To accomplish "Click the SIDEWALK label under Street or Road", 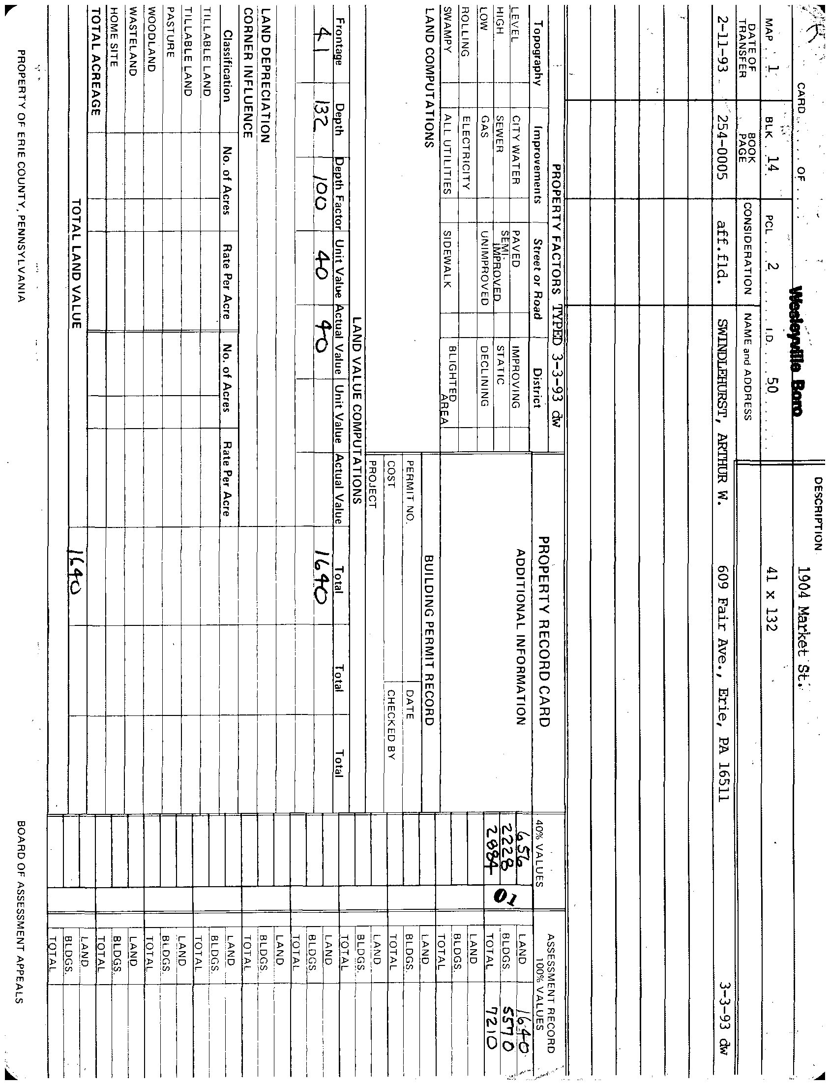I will (x=447, y=259).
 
